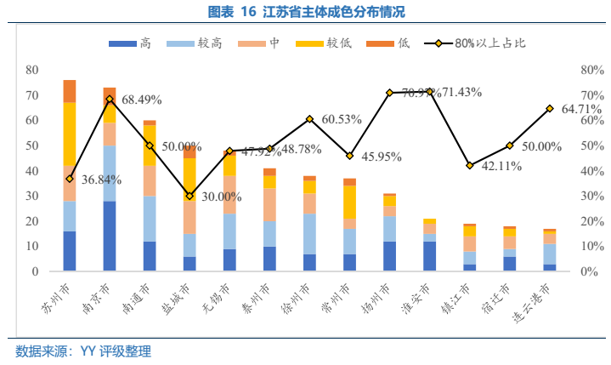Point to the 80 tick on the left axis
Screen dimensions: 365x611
tap(32, 70)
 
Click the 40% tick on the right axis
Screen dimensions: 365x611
tap(591, 171)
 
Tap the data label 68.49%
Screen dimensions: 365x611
tap(142, 100)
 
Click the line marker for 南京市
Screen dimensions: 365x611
tap(110, 99)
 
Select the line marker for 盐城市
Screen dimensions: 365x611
tap(190, 196)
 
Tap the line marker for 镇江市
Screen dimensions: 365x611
tap(470, 165)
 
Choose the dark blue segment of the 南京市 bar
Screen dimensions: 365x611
tap(110, 236)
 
